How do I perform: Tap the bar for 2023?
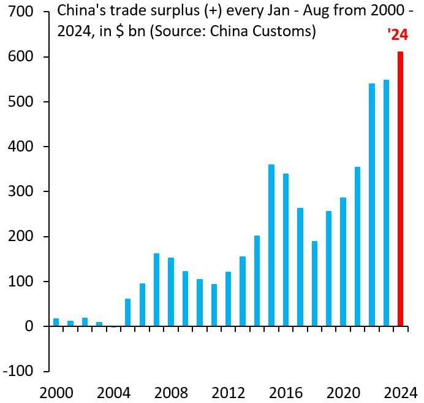pos(386,203)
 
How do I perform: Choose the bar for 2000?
pos(56,322)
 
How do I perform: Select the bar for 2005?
pos(127,312)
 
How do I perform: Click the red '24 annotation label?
pos(398,36)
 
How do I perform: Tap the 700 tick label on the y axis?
pos(21,12)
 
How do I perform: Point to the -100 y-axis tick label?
pos(18,371)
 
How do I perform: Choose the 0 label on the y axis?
pos(29,326)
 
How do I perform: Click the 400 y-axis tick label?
pos(21,147)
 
